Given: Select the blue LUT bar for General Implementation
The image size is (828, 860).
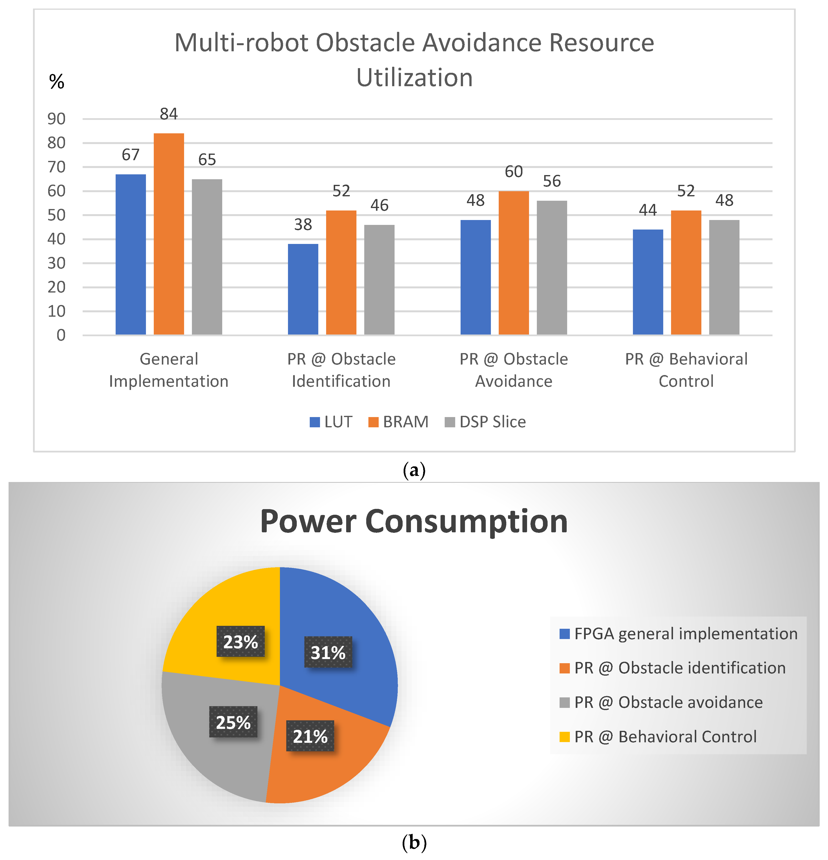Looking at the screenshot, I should [131, 254].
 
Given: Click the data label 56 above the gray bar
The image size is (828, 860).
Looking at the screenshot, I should [552, 181].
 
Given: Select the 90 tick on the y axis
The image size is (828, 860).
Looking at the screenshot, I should [56, 119].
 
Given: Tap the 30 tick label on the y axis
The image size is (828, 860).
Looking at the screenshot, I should [56, 263].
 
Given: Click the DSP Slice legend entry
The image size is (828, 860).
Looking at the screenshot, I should [485, 422].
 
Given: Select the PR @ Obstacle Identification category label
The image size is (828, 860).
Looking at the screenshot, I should [341, 370].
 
